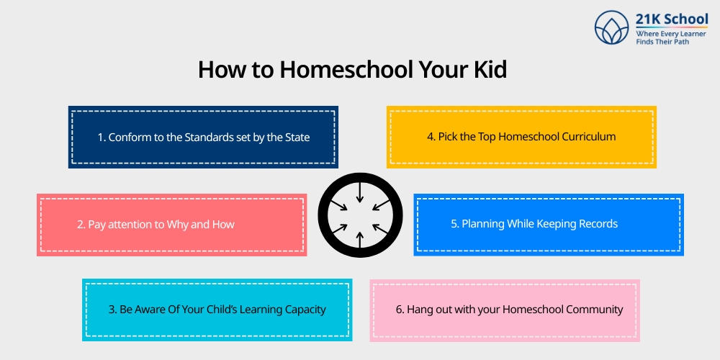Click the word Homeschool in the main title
(336, 70)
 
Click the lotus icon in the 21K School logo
(613, 28)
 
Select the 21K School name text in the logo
(672, 19)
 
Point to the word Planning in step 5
(483, 224)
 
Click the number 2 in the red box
(80, 225)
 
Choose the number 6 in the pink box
(399, 310)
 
